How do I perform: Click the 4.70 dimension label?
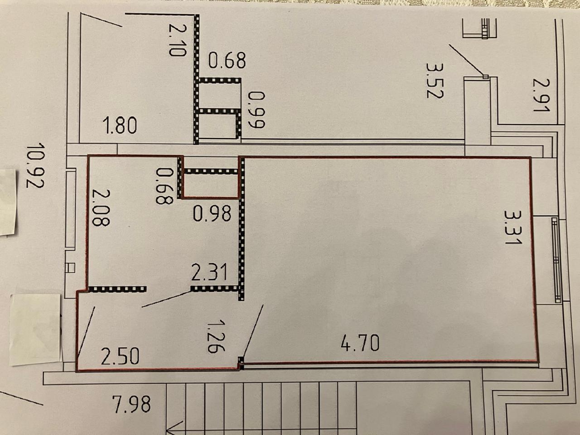[360, 343]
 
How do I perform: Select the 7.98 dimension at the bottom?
[131, 404]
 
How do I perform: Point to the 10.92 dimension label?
[35, 165]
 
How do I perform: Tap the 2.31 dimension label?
[209, 273]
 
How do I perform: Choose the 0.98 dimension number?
[212, 213]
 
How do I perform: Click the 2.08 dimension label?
[101, 208]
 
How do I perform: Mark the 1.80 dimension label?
[121, 126]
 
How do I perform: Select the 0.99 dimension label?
[256, 110]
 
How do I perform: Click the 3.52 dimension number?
[435, 81]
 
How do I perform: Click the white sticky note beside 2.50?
[36, 329]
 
